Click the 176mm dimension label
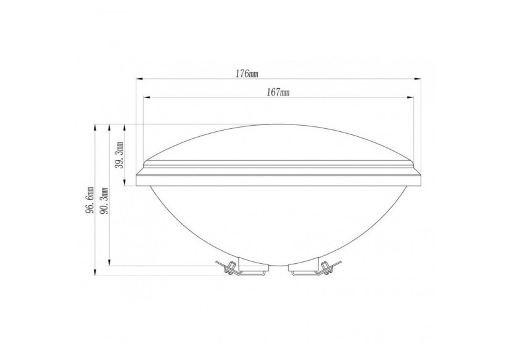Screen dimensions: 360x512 click(x=247, y=74)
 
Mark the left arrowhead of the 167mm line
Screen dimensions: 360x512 click(x=146, y=97)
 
